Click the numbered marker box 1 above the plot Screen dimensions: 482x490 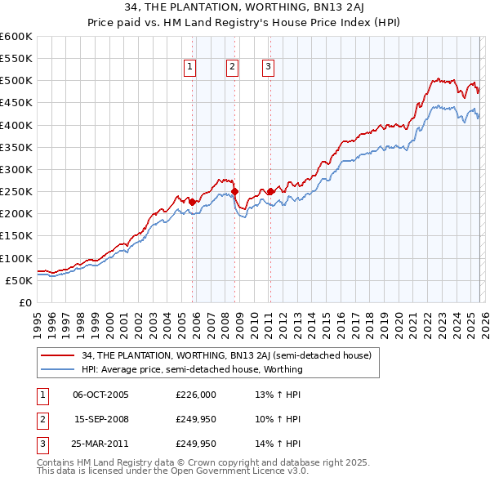pyautogui.click(x=190, y=68)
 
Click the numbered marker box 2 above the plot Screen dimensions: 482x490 pyautogui.click(x=232, y=68)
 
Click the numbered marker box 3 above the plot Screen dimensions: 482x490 pyautogui.click(x=268, y=68)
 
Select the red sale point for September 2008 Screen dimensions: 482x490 pyautogui.click(x=235, y=192)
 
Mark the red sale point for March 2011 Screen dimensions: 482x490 pyautogui.click(x=270, y=191)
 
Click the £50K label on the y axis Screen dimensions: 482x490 pyautogui.click(x=20, y=280)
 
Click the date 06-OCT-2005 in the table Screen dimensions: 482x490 pyautogui.click(x=100, y=395)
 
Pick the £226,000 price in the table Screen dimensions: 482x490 pyautogui.click(x=196, y=395)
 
